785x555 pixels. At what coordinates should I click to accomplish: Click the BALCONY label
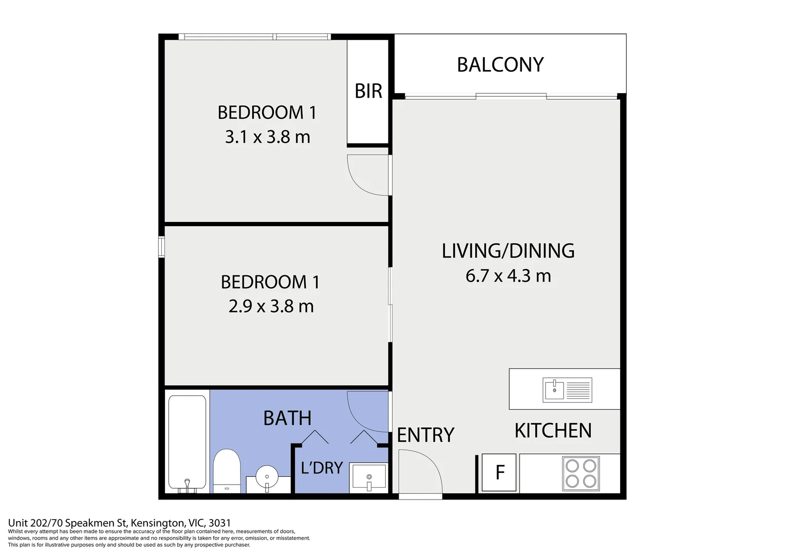pyautogui.click(x=500, y=65)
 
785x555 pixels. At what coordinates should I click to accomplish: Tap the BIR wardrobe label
pyautogui.click(x=368, y=91)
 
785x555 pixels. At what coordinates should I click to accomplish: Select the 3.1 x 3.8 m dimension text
pyautogui.click(x=267, y=137)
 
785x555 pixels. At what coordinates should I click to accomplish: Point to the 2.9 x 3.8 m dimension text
pyautogui.click(x=271, y=306)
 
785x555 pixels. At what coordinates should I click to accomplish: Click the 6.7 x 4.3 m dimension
pyautogui.click(x=508, y=275)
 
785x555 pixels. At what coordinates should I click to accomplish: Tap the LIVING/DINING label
pyautogui.click(x=508, y=251)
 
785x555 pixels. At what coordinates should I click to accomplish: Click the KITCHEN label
pyautogui.click(x=553, y=431)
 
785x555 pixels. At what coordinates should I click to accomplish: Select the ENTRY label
pyautogui.click(x=425, y=435)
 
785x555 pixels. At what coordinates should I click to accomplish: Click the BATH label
pyautogui.click(x=287, y=418)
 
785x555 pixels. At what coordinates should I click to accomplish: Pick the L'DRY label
pyautogui.click(x=322, y=468)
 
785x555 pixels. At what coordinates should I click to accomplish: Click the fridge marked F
pyautogui.click(x=499, y=472)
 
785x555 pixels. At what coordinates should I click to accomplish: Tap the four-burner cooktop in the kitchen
pyautogui.click(x=581, y=473)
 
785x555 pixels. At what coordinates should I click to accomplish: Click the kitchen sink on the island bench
pyautogui.click(x=567, y=390)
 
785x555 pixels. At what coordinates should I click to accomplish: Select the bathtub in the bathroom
pyautogui.click(x=187, y=442)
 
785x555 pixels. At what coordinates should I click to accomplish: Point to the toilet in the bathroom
pyautogui.click(x=227, y=471)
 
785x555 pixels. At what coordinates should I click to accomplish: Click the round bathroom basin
pyautogui.click(x=267, y=477)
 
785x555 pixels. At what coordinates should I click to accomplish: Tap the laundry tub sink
pyautogui.click(x=369, y=477)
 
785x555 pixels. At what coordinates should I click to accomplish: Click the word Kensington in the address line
pyautogui.click(x=158, y=523)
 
